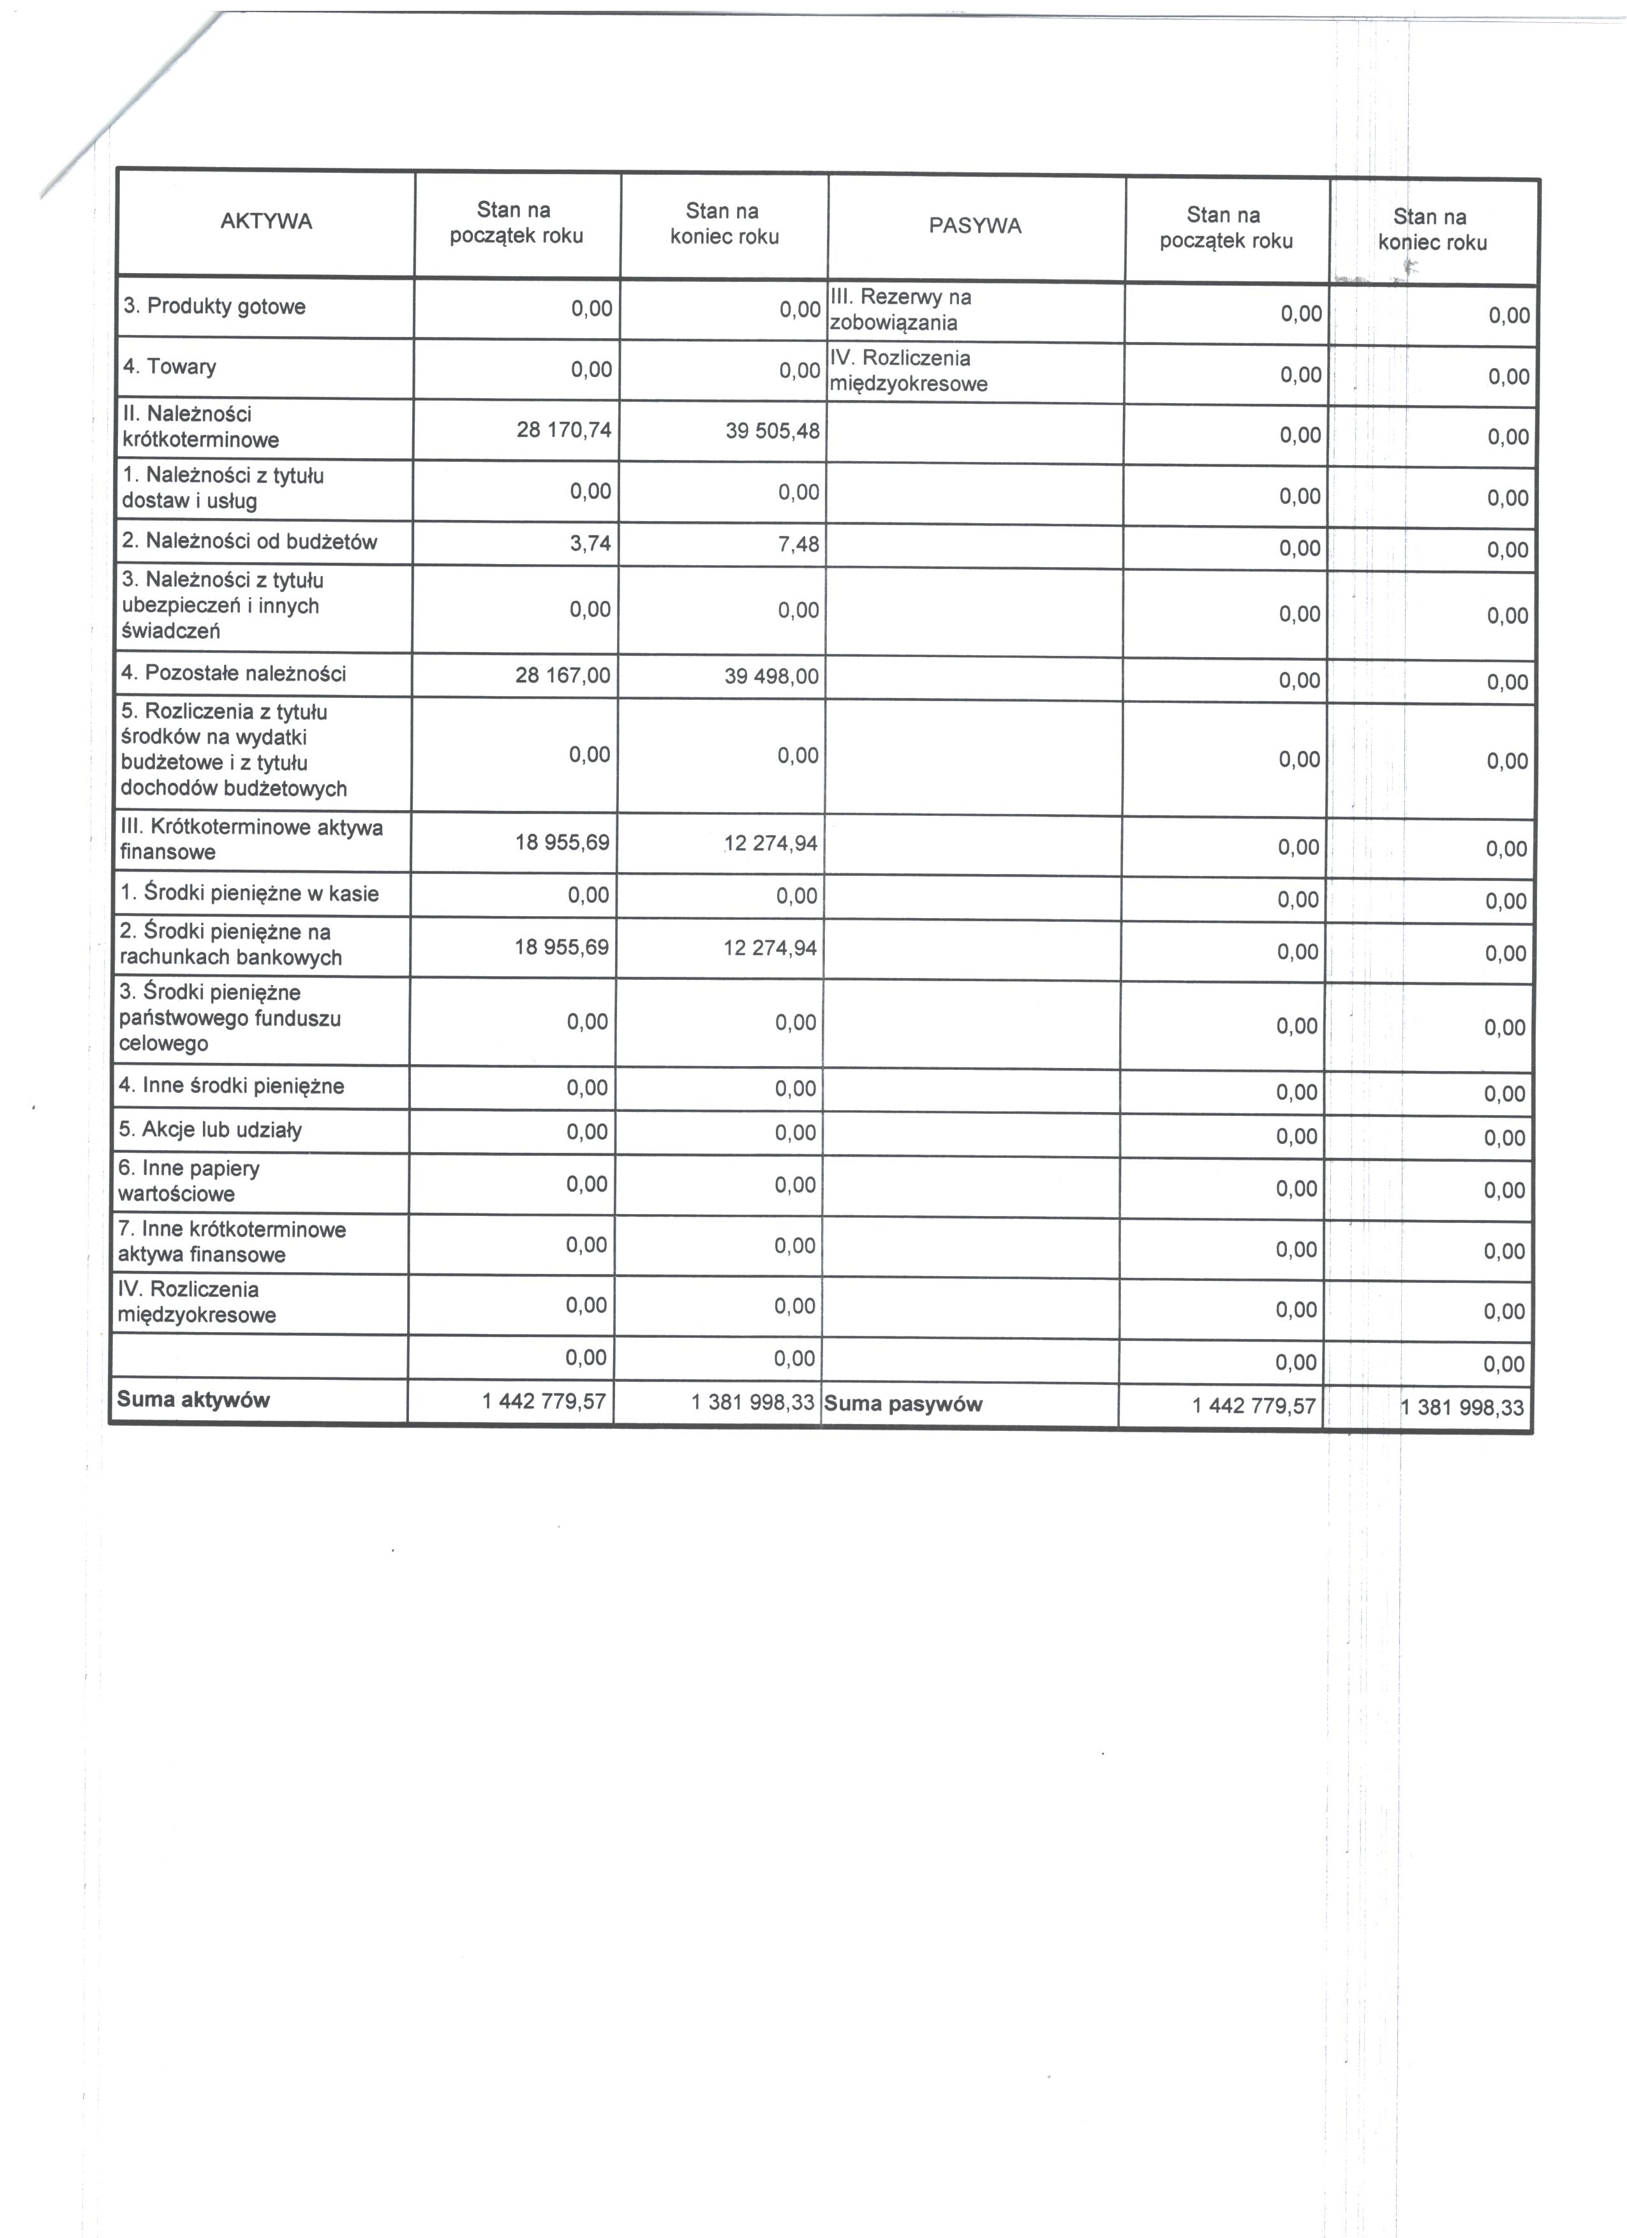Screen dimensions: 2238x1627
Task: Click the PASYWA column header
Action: (975, 226)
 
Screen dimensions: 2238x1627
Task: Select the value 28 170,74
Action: (563, 429)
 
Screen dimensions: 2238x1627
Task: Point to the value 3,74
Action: (590, 542)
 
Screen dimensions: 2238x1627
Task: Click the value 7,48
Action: (799, 544)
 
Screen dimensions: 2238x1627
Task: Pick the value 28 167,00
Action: (562, 675)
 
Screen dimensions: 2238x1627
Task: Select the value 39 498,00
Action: (771, 677)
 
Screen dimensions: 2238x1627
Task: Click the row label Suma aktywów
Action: (193, 1399)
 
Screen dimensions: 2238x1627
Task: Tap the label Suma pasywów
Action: (903, 1404)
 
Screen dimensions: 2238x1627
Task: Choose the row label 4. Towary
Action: (170, 367)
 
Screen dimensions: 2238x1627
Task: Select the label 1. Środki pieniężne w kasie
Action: (249, 894)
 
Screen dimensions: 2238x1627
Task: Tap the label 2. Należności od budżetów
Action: (249, 541)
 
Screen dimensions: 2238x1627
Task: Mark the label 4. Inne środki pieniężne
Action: (232, 1086)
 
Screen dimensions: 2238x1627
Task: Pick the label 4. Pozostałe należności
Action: (234, 674)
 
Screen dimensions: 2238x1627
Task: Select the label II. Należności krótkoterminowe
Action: (200, 427)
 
